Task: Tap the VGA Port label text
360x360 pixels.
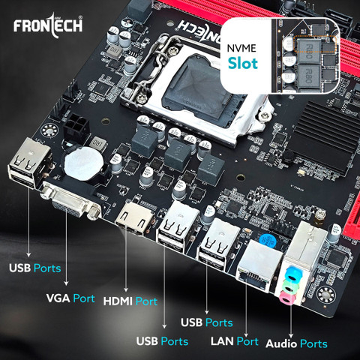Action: click(70, 298)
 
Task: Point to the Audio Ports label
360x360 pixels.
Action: click(297, 343)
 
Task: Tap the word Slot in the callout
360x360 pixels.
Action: click(243, 63)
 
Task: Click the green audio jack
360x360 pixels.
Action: click(287, 285)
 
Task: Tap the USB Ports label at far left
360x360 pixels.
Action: click(34, 267)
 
